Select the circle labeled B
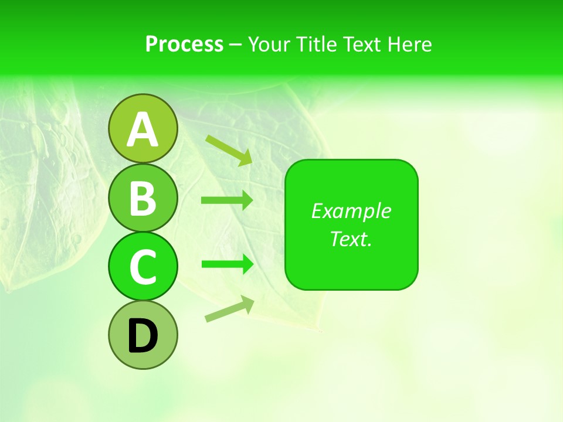tap(143, 198)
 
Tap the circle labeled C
tap(143, 266)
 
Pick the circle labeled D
tap(143, 335)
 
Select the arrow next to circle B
tap(226, 200)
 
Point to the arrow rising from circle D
tap(229, 309)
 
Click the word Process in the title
tap(184, 44)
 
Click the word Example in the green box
tap(351, 211)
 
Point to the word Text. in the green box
tap(351, 239)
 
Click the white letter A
tap(143, 130)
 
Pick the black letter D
tap(143, 337)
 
